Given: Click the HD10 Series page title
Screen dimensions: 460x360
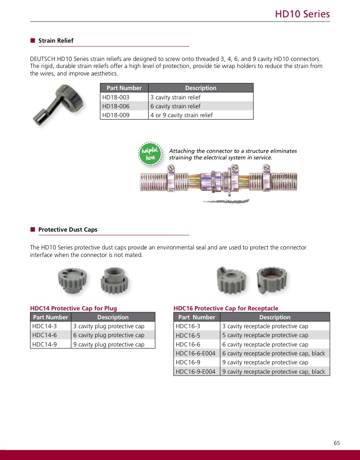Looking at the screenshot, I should coord(302,14).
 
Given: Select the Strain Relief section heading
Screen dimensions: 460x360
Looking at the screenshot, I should coord(56,41).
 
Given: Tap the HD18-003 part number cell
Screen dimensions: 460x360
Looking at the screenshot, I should coord(115,98).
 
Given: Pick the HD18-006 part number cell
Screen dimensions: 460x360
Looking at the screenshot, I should coord(115,106).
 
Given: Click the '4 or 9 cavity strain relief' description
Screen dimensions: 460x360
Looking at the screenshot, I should coord(181,115).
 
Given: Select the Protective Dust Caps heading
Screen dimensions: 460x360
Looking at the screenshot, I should coord(67,230).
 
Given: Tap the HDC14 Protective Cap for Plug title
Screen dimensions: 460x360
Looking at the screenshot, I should coord(74,309).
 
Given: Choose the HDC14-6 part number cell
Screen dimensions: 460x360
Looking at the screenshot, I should coord(45,335).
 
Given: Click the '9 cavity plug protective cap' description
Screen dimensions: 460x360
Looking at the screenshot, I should coord(109,345).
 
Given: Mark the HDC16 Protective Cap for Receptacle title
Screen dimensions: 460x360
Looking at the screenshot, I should coord(226,309).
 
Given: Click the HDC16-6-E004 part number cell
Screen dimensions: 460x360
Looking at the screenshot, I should coord(195,354).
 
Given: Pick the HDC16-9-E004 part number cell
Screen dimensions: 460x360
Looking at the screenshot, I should coord(195,372).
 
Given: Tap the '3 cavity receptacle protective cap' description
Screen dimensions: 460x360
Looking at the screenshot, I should coord(265,326).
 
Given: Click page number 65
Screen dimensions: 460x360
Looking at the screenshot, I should coord(337,443).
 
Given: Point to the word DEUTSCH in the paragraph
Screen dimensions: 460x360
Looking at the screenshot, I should coord(42,59).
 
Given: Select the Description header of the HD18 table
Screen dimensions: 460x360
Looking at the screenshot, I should coord(201,88).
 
